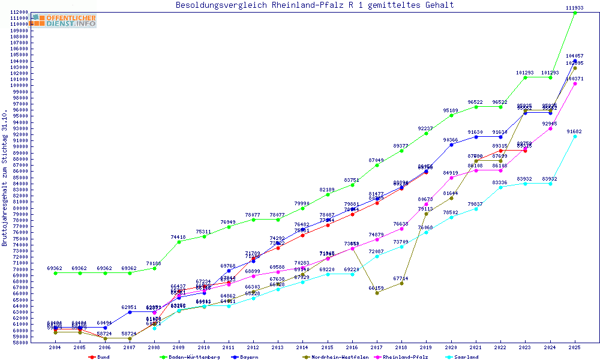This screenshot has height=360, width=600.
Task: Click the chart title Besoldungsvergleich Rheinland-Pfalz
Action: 314,5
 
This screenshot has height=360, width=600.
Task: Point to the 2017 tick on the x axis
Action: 377,347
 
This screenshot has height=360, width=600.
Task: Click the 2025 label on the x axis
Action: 575,347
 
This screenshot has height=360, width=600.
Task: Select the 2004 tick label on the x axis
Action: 55,347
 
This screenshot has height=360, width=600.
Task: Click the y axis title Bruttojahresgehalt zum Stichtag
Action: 5,178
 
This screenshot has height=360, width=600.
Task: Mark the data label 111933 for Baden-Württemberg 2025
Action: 575,7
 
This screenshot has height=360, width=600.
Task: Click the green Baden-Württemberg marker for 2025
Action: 575,13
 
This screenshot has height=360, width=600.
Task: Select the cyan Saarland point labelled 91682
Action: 575,136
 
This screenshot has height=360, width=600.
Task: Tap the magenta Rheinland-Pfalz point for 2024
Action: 550,128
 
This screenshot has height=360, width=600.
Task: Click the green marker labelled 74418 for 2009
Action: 178,242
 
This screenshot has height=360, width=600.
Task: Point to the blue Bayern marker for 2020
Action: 451,145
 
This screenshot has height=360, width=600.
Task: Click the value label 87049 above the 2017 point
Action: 377,160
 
